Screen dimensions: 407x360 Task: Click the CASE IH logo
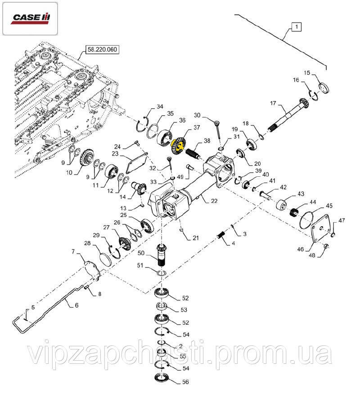coord(31,18)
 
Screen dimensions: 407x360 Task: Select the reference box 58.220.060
coord(101,50)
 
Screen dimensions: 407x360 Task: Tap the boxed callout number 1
coord(296,27)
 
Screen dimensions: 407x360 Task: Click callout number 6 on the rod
coord(76,305)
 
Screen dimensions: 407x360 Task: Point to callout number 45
coord(329,206)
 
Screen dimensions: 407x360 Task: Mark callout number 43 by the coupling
coord(301,193)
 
